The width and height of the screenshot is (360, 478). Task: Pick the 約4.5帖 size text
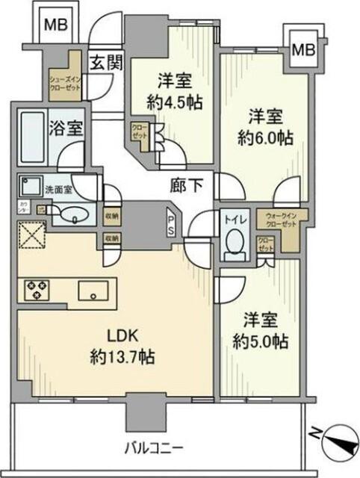pos(174,102)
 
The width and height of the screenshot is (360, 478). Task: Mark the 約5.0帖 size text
pos(260,341)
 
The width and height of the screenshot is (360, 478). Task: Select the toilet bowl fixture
pos(235,243)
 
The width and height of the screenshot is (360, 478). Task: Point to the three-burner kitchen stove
pos(38,289)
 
